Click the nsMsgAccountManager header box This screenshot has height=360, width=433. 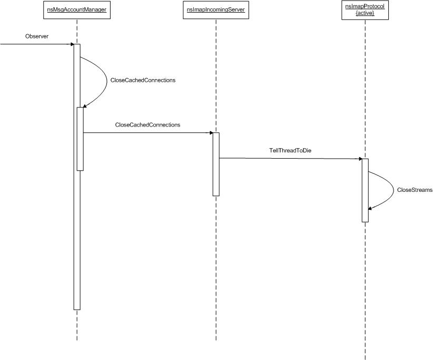(77, 11)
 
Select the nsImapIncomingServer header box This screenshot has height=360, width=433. (216, 11)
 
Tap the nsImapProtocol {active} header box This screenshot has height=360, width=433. (365, 10)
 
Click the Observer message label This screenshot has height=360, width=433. (37, 36)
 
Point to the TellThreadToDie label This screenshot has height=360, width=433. (290, 150)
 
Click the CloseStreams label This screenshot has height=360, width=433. (415, 190)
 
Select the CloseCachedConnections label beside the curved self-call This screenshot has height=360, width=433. (143, 80)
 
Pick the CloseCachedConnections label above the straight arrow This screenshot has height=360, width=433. (147, 125)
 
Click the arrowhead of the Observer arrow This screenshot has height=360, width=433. (72, 44)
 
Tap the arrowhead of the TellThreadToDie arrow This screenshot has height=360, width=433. (360, 159)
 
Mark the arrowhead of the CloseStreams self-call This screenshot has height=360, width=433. (370, 208)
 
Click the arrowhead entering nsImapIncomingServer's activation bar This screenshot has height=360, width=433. (211, 133)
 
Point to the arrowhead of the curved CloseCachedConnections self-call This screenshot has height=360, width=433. (85, 106)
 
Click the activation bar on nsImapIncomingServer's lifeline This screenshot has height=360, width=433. (216, 164)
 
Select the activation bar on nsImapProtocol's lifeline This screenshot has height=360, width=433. (365, 190)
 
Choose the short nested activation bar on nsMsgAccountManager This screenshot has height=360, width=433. (80, 139)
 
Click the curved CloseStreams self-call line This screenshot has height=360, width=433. (393, 190)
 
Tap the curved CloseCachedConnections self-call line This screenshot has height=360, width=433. (107, 81)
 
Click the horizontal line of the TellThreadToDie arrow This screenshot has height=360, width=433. (290, 159)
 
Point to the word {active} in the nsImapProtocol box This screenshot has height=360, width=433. (365, 13)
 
